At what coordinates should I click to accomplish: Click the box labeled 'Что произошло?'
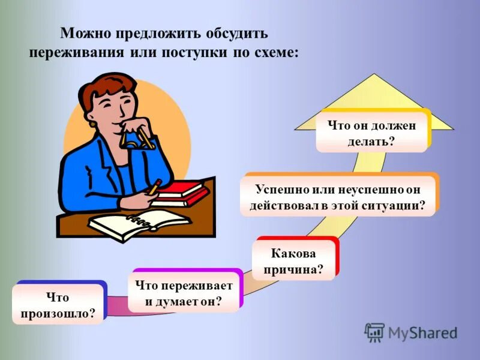[57, 305]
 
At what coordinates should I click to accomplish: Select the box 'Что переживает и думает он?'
[184, 293]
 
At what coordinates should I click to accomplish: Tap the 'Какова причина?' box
[293, 262]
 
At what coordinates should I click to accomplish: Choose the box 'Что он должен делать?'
[371, 134]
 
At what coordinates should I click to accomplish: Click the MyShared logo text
[422, 332]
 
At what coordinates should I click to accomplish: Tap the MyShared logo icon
[374, 332]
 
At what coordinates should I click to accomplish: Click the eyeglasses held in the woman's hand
[137, 137]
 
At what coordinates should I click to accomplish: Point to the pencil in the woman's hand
[155, 186]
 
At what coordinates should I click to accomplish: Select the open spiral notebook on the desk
[139, 224]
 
